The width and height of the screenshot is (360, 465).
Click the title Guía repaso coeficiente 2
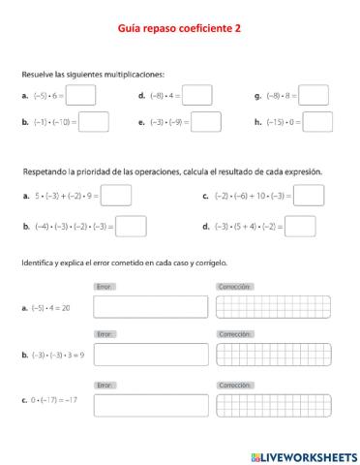pos(180,29)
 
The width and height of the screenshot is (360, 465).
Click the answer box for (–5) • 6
pos(81,95)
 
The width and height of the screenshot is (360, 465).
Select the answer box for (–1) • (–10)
pos(93,122)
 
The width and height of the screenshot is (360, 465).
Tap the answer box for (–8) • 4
pos(197,95)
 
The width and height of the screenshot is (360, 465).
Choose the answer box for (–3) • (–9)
pos(206,122)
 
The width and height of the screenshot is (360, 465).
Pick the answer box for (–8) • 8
pos(314,95)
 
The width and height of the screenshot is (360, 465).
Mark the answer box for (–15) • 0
pos(317,122)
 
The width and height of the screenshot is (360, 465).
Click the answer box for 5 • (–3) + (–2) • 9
pos(116,196)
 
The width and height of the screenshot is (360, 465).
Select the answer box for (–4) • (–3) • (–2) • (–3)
pos(132,227)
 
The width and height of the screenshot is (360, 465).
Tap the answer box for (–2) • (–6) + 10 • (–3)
pos(309,196)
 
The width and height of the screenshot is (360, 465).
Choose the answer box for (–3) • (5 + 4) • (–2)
pos(301,227)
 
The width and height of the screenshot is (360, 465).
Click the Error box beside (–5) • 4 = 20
pos(151,307)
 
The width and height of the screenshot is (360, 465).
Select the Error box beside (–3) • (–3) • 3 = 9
pos(151,355)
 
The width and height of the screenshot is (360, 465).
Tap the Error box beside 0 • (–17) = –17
pos(151,405)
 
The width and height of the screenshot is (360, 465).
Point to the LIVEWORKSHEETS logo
pos(304,454)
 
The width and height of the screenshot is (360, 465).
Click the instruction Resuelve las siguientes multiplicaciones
pos(93,74)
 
